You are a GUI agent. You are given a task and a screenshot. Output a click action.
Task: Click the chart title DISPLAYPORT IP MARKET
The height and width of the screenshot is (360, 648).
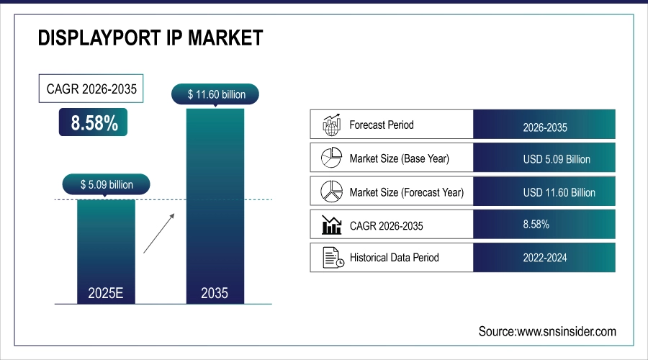(x=150, y=38)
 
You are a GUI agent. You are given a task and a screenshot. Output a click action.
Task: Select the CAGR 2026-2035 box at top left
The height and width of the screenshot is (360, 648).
(x=90, y=90)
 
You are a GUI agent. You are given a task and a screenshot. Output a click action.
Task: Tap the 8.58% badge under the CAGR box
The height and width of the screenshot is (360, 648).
(x=94, y=122)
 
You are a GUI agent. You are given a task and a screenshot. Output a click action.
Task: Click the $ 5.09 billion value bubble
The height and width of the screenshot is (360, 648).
(x=107, y=184)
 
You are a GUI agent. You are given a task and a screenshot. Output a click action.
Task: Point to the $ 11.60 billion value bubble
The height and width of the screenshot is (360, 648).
(x=216, y=94)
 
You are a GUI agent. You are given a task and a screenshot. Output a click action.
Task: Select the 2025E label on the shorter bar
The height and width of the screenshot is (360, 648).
(x=106, y=293)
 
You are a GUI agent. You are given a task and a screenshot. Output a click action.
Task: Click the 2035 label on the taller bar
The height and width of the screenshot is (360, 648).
(x=215, y=293)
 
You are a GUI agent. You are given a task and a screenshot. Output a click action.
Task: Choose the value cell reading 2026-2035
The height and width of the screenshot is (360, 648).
(x=545, y=128)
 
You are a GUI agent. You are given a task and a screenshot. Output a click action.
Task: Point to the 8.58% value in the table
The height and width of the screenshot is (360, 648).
(x=536, y=225)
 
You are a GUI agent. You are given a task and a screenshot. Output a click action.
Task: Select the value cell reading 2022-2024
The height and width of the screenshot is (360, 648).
(x=545, y=258)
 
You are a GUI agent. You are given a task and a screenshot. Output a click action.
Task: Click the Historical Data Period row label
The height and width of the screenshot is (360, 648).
(x=394, y=257)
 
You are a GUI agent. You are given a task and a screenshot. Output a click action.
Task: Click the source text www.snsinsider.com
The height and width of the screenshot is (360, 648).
(x=547, y=331)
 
